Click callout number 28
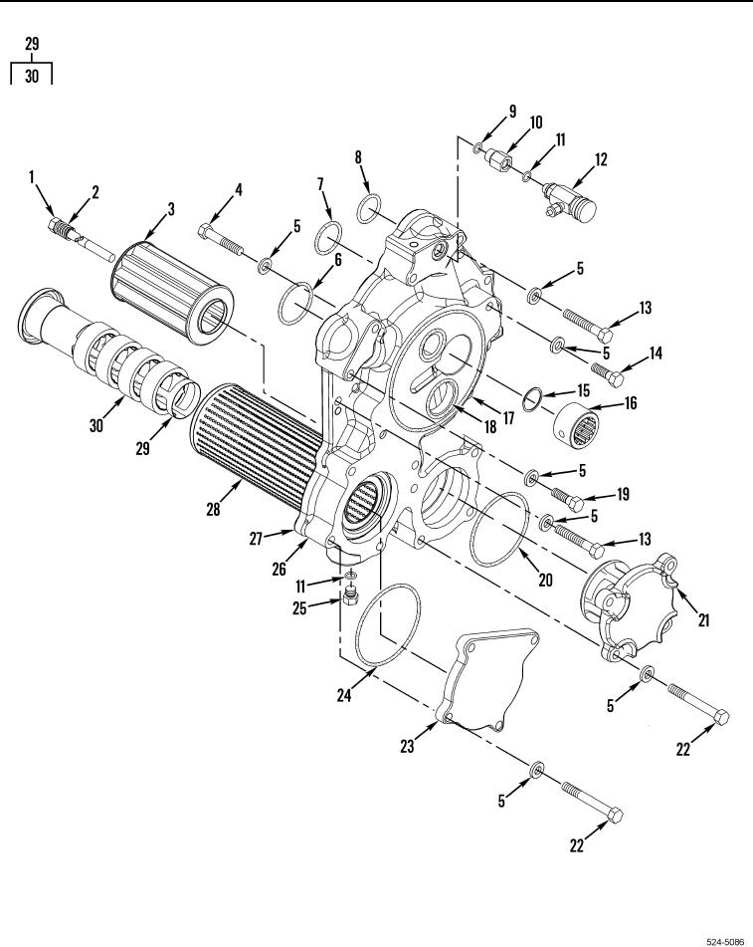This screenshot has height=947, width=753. pos(213,509)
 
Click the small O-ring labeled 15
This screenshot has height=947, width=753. pos(533,400)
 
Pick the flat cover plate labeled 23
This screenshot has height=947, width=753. pos(488,680)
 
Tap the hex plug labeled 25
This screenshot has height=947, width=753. pos(352,597)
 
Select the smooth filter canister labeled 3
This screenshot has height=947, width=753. pos(172,293)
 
